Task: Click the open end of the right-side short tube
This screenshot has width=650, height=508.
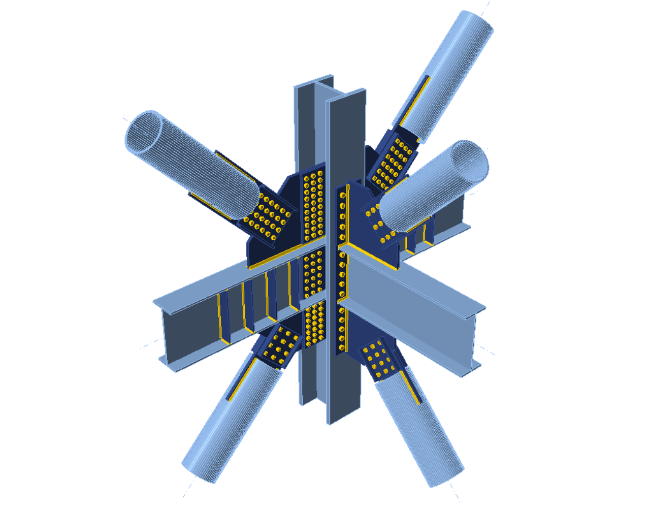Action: click(469, 162)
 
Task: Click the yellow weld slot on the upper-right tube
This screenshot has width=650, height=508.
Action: click(414, 102)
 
